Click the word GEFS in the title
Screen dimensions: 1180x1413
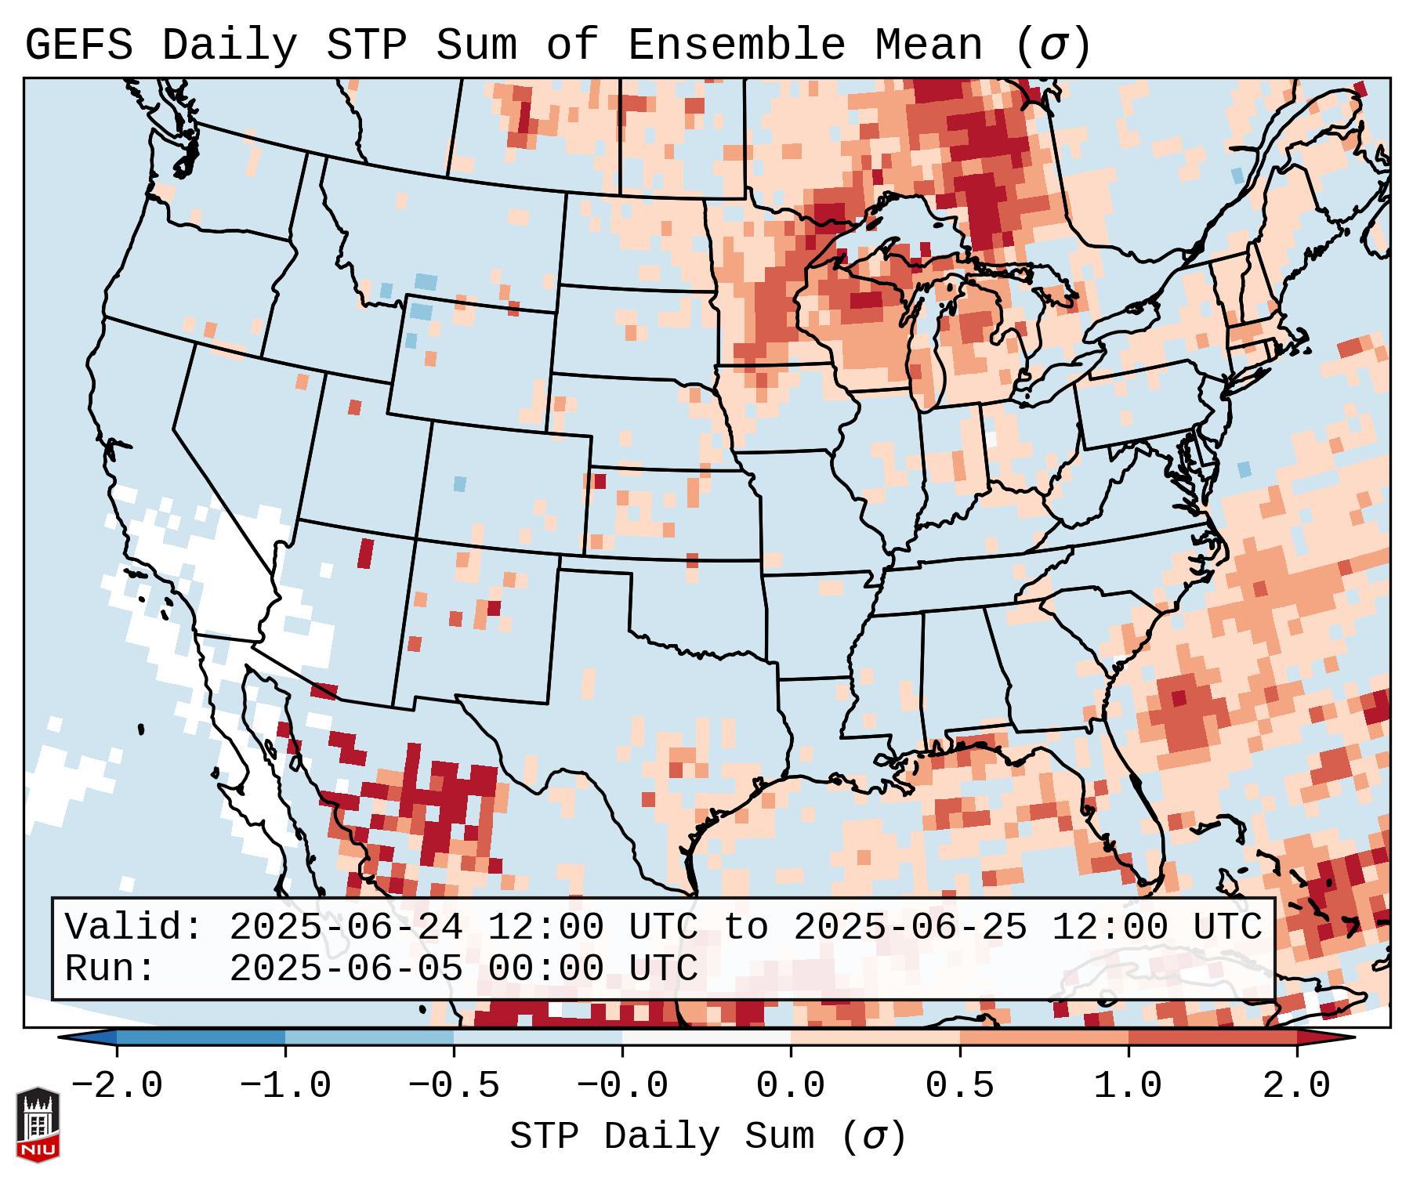coord(78,45)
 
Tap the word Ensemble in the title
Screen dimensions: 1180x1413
coord(737,45)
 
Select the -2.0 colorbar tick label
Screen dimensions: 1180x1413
coord(117,1086)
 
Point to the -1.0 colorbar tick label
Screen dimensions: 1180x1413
coord(285,1086)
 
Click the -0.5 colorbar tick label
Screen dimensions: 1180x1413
coord(454,1086)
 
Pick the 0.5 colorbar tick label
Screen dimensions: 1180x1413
coord(959,1086)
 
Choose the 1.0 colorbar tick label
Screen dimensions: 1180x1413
coord(1128,1086)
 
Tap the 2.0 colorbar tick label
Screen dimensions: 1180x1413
coord(1296,1086)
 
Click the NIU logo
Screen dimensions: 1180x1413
coord(38,1124)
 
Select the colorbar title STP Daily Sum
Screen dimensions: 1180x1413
coord(661,1137)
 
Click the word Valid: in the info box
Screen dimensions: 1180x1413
coord(134,927)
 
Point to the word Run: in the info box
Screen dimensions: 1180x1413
coord(111,968)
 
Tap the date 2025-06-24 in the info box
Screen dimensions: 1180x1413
coord(346,927)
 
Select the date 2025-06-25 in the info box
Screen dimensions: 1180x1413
coord(910,927)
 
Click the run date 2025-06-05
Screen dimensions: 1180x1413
coord(346,968)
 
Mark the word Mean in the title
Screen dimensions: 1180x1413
coord(929,45)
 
